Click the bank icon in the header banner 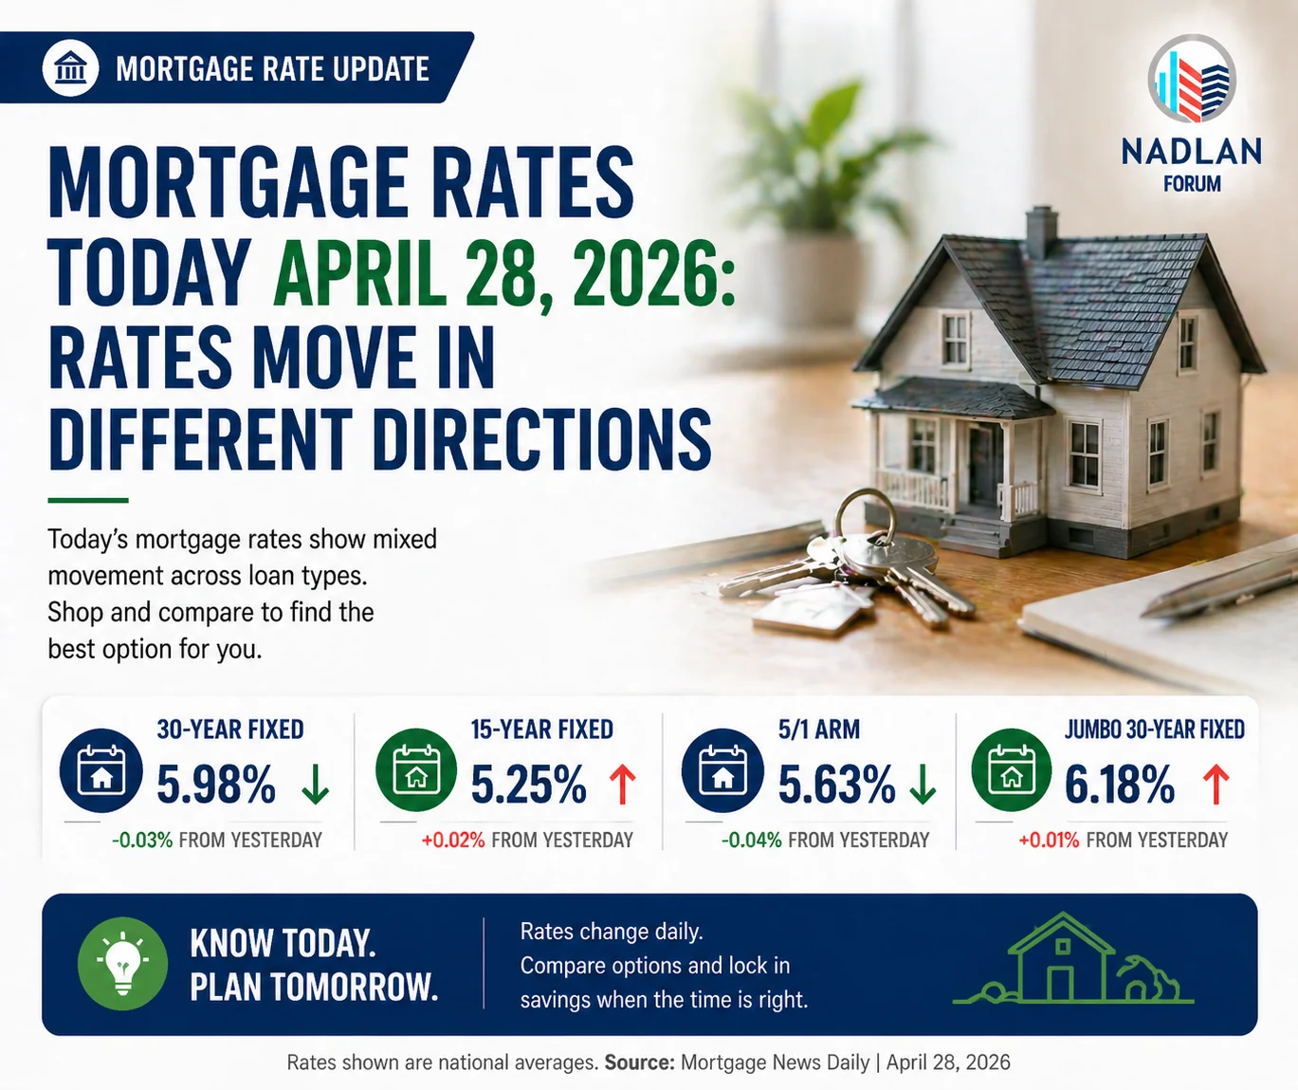click(71, 68)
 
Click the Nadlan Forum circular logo click(1192, 80)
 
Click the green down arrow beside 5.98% click(315, 785)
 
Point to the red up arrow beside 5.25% click(623, 785)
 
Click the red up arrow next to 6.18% click(1216, 785)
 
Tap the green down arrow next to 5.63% click(923, 785)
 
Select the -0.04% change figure click(751, 840)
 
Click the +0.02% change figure click(453, 840)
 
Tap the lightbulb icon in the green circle click(122, 963)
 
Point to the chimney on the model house click(1041, 231)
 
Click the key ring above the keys click(865, 517)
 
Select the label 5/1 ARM click(819, 730)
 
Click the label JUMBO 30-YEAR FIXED click(1154, 730)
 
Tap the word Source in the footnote click(639, 1062)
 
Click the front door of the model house click(983, 464)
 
